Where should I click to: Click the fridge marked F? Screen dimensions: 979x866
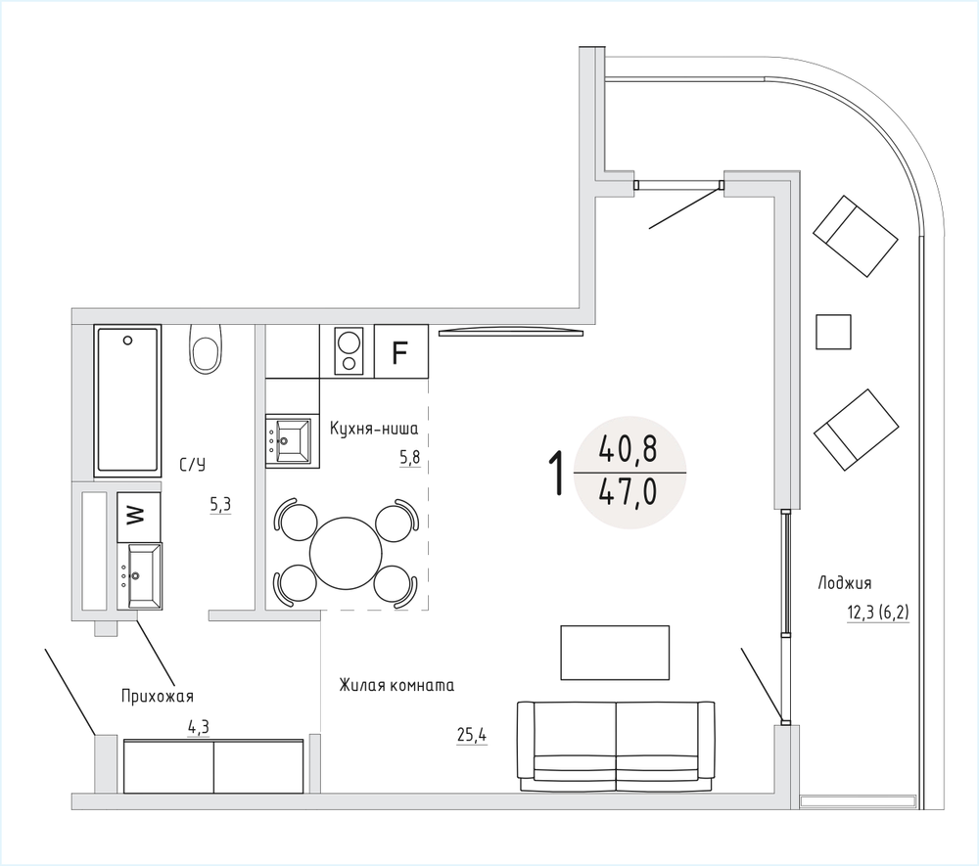pyautogui.click(x=400, y=351)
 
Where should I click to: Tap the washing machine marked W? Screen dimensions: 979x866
pyautogui.click(x=139, y=517)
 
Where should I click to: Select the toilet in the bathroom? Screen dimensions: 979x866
pyautogui.click(x=207, y=348)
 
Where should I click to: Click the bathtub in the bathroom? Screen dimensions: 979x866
pyautogui.click(x=127, y=400)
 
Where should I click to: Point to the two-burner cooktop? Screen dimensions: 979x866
pyautogui.click(x=348, y=351)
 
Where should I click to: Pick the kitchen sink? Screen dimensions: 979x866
pyautogui.click(x=289, y=441)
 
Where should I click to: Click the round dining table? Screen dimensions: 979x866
pyautogui.click(x=346, y=552)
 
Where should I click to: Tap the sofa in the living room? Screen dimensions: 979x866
pyautogui.click(x=616, y=747)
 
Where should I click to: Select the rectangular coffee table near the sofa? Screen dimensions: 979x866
pyautogui.click(x=615, y=652)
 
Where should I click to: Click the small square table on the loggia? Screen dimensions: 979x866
pyautogui.click(x=833, y=332)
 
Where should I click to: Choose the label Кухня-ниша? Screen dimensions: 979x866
pyautogui.click(x=374, y=429)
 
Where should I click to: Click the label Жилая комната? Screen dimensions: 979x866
pyautogui.click(x=396, y=685)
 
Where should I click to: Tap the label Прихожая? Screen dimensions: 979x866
pyautogui.click(x=158, y=696)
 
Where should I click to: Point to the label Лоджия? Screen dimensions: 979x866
pyautogui.click(x=845, y=583)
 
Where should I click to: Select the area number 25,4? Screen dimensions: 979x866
pyautogui.click(x=472, y=736)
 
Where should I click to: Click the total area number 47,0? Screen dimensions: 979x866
pyautogui.click(x=628, y=492)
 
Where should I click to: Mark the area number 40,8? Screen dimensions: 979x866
pyautogui.click(x=628, y=448)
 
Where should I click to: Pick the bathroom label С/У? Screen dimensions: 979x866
pyautogui.click(x=192, y=465)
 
